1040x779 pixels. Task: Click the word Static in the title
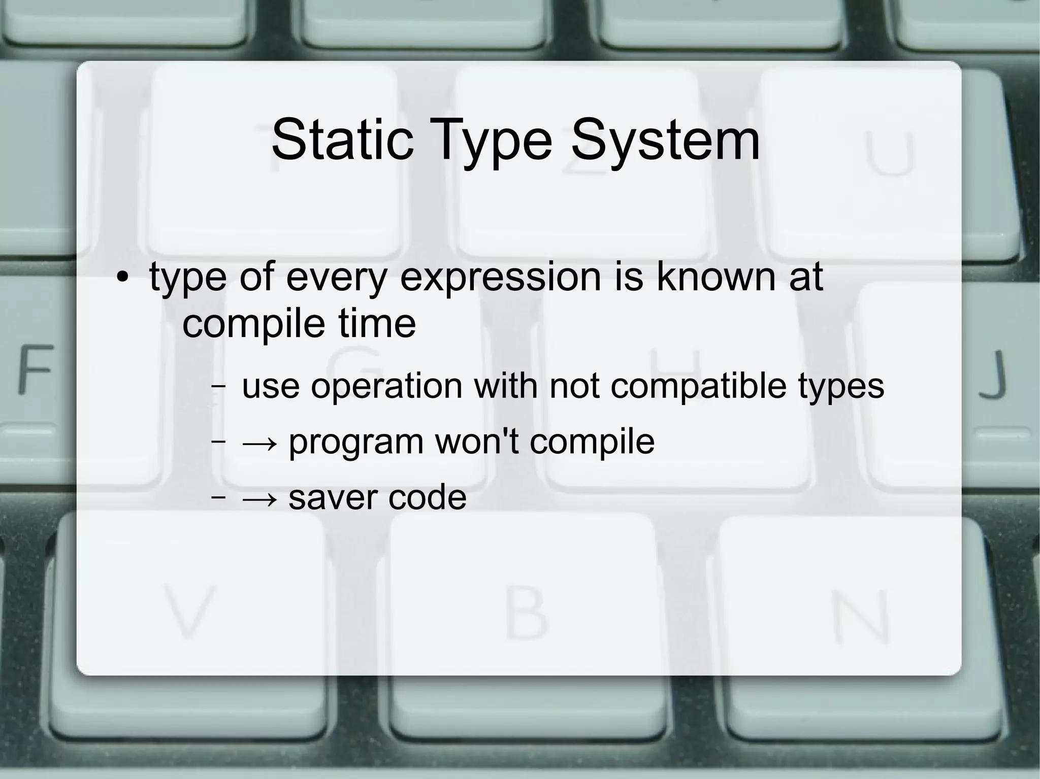(x=342, y=140)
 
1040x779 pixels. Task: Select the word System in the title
(x=665, y=141)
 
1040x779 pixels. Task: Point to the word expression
(x=501, y=278)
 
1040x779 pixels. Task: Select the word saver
(x=332, y=498)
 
